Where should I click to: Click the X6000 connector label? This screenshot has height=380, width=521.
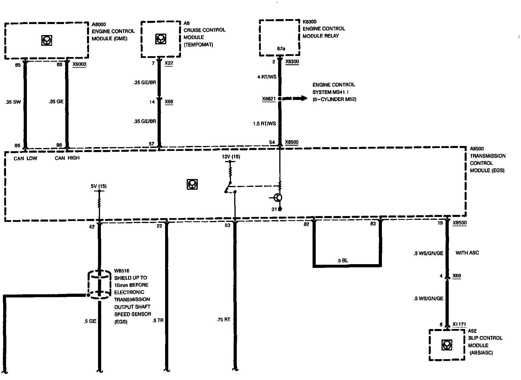click(x=79, y=64)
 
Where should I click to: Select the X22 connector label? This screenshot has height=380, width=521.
click(x=169, y=63)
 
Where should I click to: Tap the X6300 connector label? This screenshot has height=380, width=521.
click(x=292, y=62)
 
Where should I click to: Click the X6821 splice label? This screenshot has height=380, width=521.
click(x=269, y=99)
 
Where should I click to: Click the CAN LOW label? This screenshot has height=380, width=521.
click(x=25, y=158)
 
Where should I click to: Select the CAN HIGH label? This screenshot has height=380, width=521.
click(x=67, y=158)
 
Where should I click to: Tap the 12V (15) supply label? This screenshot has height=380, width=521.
click(x=231, y=157)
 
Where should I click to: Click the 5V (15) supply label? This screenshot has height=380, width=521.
click(x=98, y=186)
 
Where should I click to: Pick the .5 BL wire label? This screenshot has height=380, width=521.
click(x=343, y=260)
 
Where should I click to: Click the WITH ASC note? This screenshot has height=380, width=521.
click(x=467, y=253)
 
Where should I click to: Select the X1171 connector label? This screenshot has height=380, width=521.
click(x=459, y=325)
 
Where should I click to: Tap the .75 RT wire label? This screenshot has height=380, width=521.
click(x=223, y=320)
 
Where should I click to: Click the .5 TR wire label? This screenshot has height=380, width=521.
click(x=158, y=321)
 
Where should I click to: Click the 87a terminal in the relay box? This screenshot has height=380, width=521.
click(x=281, y=49)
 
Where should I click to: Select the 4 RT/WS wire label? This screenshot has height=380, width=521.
click(x=267, y=77)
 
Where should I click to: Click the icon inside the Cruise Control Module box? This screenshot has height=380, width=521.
click(x=160, y=39)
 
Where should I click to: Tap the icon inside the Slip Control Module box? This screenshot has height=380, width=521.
click(x=447, y=345)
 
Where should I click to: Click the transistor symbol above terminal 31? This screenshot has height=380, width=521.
click(x=278, y=198)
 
